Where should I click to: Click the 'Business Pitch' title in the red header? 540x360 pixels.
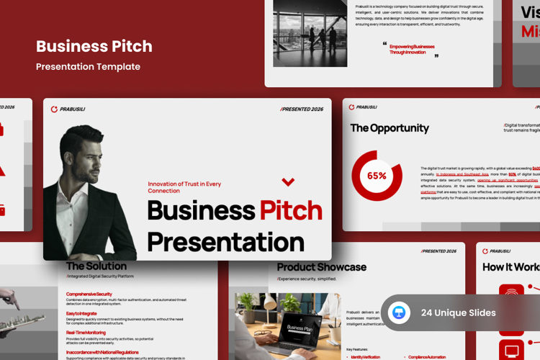[x=94, y=47]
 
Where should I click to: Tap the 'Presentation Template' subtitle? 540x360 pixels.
[x=88, y=67]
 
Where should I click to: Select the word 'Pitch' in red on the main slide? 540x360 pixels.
[x=291, y=210]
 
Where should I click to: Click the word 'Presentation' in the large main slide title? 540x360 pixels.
[x=225, y=241]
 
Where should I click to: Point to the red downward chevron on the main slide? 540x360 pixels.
[x=288, y=182]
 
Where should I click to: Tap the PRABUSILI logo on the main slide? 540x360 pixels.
[x=68, y=109]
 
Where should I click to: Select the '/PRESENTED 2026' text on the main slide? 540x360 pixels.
[x=301, y=109]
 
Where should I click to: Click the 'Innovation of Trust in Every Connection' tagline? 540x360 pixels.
[x=184, y=187]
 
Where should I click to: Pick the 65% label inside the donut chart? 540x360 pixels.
[x=377, y=176]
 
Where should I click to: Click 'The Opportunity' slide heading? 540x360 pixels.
[x=390, y=128]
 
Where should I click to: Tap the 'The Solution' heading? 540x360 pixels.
[x=96, y=266]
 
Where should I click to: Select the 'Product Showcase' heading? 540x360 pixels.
[x=321, y=267]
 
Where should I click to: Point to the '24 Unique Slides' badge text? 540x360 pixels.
[x=458, y=312]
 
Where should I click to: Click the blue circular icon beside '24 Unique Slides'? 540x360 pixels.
[x=399, y=312]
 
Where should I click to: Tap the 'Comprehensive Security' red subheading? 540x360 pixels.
[x=89, y=294]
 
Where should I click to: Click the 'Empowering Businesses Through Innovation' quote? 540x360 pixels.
[x=412, y=49]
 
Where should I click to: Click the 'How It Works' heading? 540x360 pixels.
[x=510, y=267]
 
